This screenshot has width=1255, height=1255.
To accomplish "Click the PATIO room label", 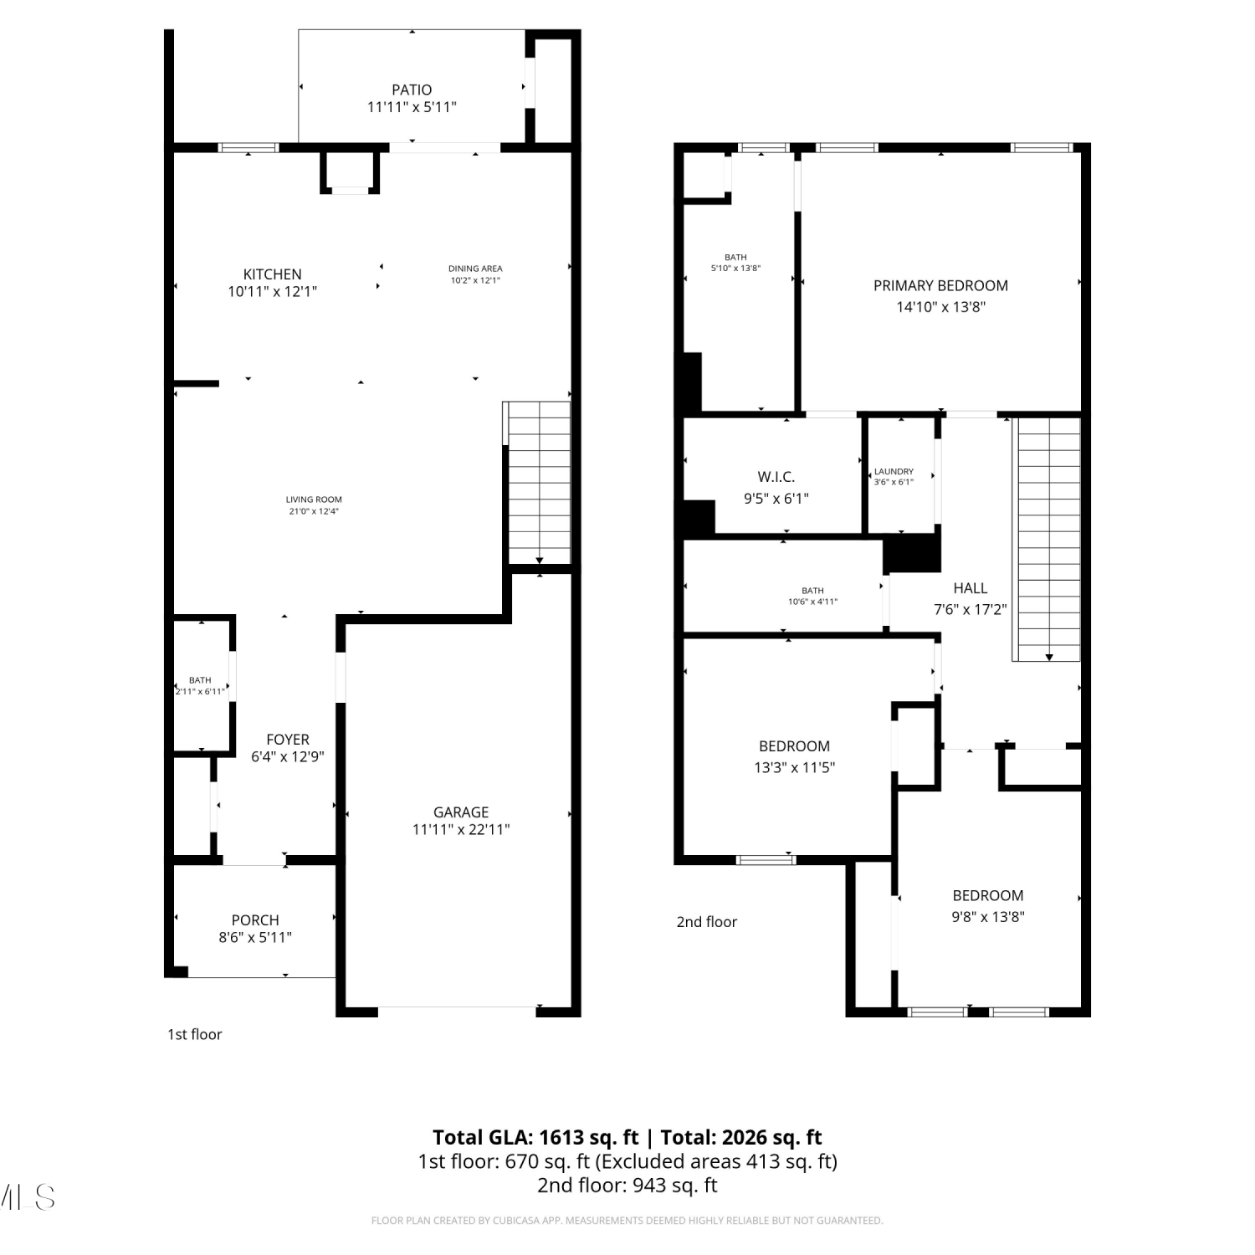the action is [412, 90].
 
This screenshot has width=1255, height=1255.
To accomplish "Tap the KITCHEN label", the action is [272, 274].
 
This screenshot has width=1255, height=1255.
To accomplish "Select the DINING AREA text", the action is [475, 269].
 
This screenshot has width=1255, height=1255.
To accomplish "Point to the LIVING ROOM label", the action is [314, 499].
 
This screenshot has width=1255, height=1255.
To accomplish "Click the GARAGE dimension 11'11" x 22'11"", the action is [461, 829].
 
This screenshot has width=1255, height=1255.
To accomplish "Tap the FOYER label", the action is [288, 739].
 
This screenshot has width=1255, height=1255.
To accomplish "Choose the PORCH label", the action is [255, 919].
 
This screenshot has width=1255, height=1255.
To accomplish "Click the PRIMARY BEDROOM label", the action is [940, 285].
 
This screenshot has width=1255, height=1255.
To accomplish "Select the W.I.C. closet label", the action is [776, 477].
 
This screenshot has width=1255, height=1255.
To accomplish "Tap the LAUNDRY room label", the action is [894, 471].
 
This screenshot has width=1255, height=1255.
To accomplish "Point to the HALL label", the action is [971, 588].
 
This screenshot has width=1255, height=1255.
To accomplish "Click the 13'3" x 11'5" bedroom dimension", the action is [794, 767].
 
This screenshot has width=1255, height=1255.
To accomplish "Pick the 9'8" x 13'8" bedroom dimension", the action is [988, 916].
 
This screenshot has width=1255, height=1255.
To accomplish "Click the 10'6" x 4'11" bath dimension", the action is [812, 602].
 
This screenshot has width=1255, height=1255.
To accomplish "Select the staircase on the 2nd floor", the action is [1048, 539].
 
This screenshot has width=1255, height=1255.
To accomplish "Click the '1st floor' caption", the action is [195, 1034].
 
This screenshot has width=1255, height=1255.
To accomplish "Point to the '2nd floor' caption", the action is [707, 921].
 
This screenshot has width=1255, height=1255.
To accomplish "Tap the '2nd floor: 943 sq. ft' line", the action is [627, 1185].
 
